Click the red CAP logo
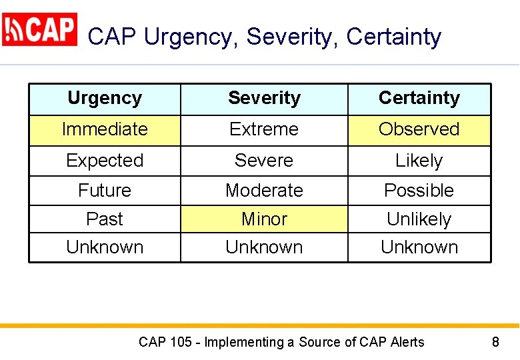tap(39, 30)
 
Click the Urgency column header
tap(105, 99)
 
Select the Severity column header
tap(264, 99)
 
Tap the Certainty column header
tap(419, 99)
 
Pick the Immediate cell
tap(105, 129)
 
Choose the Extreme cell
tap(264, 129)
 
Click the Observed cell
tap(419, 129)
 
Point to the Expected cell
tap(105, 161)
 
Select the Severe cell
tap(264, 161)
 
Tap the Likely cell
tap(419, 161)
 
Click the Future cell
tap(105, 191)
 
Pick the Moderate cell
tap(264, 191)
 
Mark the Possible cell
tap(419, 191)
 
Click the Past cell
tap(105, 219)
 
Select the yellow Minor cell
tap(264, 219)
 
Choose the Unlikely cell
tap(419, 219)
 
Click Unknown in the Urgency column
tap(105, 247)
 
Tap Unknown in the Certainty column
tap(419, 247)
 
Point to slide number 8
tap(495, 343)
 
